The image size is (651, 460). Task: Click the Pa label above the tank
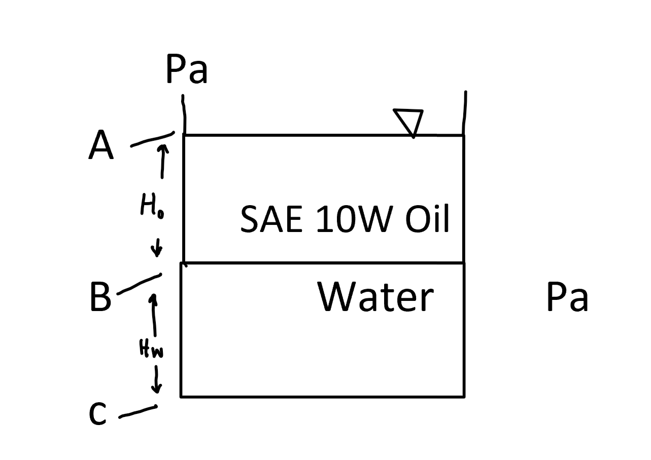tap(186, 70)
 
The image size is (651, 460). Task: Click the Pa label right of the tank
tap(567, 297)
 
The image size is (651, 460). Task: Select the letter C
tap(97, 414)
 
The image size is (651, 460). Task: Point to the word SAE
tap(271, 220)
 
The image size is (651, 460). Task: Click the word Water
tap(375, 297)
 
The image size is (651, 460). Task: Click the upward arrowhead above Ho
tap(163, 147)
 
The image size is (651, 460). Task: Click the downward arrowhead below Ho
tap(157, 251)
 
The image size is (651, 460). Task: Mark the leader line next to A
tap(152, 139)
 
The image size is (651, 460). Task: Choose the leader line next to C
tap(138, 412)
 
